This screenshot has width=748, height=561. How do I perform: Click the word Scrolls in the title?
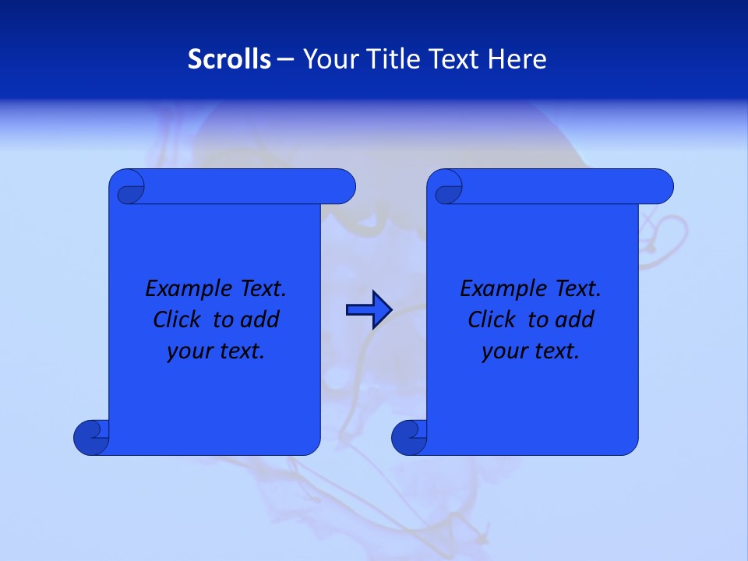click(229, 59)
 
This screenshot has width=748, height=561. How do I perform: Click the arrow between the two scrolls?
click(369, 309)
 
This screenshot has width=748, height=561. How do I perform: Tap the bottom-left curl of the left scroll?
click(91, 437)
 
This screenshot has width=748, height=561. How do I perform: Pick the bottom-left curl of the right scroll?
click(409, 437)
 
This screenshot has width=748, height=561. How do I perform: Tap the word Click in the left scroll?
click(178, 319)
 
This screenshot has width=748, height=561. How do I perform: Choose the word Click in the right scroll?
click(492, 319)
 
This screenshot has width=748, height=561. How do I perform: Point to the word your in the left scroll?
click(189, 351)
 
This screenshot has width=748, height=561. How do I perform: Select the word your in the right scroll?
click(504, 351)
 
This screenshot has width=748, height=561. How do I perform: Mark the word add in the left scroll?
click(260, 319)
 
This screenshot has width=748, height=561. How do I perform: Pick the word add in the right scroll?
click(575, 319)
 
